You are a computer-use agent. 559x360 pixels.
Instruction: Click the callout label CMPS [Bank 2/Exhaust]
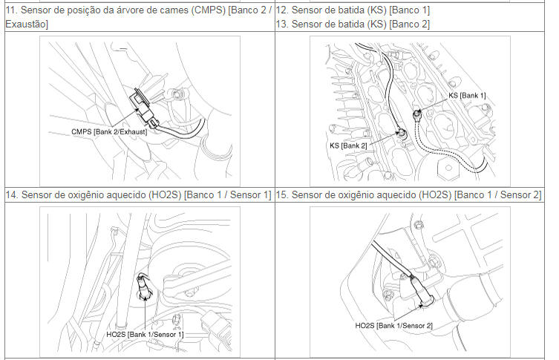(109, 131)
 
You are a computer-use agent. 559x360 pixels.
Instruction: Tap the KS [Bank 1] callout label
(467, 96)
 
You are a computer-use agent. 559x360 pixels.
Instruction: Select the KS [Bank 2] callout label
(348, 145)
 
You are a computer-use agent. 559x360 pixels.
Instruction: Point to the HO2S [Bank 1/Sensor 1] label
(145, 334)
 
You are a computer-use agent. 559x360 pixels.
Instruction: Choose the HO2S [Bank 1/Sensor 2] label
(393, 325)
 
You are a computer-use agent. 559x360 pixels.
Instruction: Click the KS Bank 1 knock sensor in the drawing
(417, 115)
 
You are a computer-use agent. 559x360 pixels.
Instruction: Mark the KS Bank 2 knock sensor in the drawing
(401, 134)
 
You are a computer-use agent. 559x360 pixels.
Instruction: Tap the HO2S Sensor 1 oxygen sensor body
(143, 285)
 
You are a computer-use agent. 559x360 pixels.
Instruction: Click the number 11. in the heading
(11, 10)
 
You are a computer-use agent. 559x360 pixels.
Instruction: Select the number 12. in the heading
(282, 10)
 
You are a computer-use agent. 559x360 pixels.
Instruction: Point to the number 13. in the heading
(282, 24)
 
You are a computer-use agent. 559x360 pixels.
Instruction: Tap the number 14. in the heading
(12, 194)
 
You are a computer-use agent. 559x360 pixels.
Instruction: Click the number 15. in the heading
(282, 194)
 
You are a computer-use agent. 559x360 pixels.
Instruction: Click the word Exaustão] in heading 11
(27, 24)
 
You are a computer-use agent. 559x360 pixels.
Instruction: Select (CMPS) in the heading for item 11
(209, 10)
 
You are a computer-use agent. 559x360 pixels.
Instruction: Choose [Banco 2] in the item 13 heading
(410, 24)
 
